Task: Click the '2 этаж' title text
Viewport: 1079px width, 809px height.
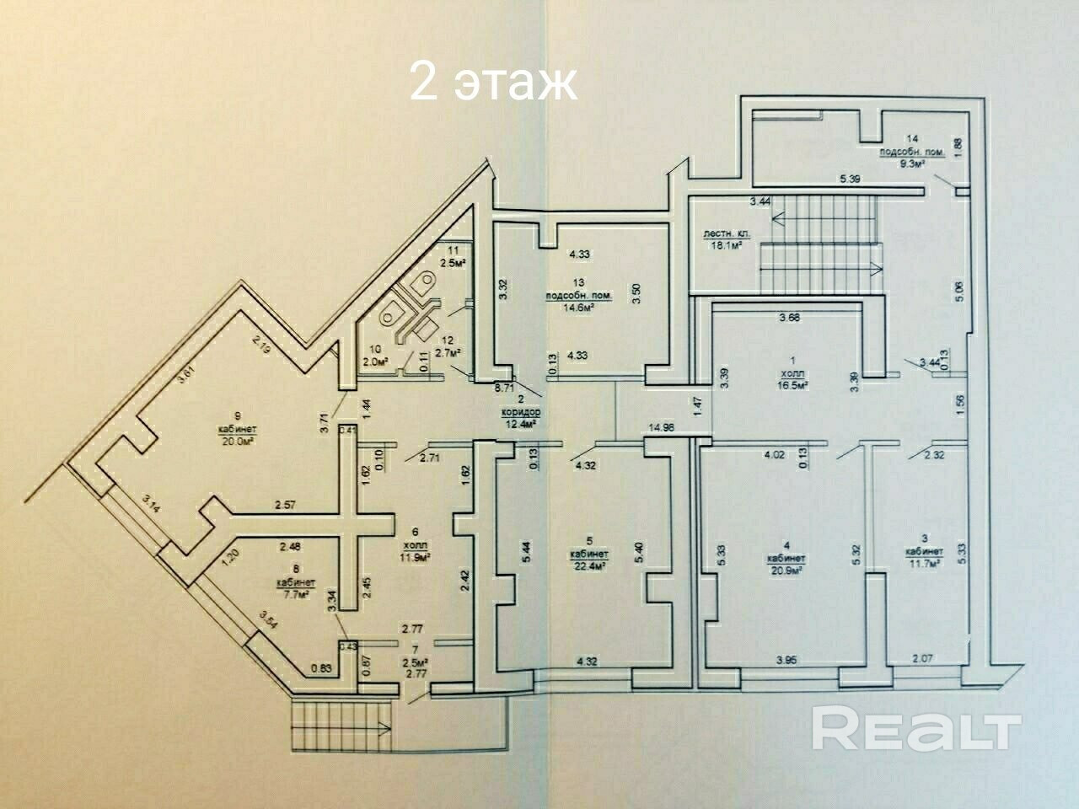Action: click(x=494, y=82)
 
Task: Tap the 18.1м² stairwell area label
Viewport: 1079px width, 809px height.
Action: click(x=727, y=246)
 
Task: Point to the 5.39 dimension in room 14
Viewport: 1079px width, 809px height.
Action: click(x=849, y=179)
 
